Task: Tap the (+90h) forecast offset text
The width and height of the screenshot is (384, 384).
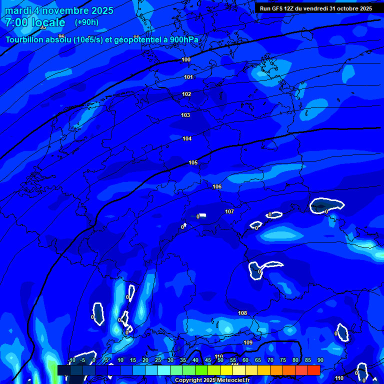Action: click(x=86, y=22)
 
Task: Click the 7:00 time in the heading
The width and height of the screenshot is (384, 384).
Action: click(x=16, y=22)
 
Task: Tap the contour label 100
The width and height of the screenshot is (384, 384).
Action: click(x=186, y=60)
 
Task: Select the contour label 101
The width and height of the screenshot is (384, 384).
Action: click(x=188, y=77)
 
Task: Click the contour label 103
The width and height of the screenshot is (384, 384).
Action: click(x=185, y=115)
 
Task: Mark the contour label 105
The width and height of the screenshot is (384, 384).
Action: click(x=193, y=163)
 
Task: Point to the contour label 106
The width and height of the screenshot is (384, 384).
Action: click(x=217, y=187)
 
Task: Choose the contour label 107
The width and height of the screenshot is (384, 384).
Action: click(x=229, y=212)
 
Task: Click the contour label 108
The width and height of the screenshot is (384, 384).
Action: click(x=242, y=313)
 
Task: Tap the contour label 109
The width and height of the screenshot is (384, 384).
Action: click(x=248, y=342)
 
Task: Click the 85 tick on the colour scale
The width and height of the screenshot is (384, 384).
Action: click(x=307, y=360)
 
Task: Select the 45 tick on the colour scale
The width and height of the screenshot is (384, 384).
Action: click(x=208, y=360)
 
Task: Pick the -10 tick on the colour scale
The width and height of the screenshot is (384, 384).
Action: click(x=72, y=360)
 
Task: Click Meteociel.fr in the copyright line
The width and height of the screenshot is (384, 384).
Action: click(x=233, y=380)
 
